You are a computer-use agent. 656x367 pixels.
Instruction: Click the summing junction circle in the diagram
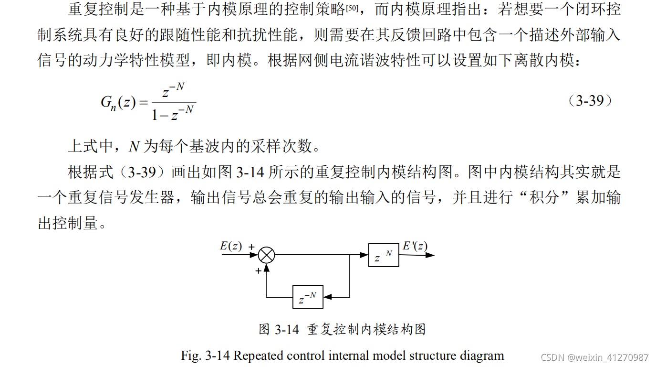click(267, 255)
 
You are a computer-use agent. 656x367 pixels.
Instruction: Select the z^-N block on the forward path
click(384, 255)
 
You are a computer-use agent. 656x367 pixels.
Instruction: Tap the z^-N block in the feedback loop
click(308, 297)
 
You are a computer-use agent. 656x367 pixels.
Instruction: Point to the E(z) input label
click(231, 246)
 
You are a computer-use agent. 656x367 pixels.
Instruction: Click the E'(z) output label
click(415, 246)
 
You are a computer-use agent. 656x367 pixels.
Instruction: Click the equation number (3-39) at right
click(590, 101)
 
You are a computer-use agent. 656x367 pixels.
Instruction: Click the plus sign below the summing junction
click(258, 270)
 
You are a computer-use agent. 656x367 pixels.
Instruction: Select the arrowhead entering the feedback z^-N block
click(327, 297)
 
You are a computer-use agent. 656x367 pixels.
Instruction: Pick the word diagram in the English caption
click(482, 356)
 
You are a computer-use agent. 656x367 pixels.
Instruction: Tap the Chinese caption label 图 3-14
click(279, 329)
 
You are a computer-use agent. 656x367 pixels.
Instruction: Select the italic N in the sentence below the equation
click(134, 147)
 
